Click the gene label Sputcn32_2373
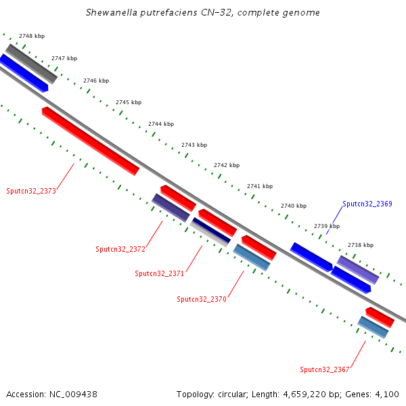31,191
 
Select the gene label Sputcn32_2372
120,249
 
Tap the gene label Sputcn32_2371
159,273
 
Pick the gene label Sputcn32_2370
201,299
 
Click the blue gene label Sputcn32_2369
367,204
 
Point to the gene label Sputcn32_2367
325,369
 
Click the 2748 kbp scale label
32,35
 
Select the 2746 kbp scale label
96,81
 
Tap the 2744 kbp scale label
161,124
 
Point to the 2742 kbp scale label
227,165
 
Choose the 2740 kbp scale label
294,206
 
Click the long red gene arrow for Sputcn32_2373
90,140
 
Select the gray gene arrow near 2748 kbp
32,64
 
